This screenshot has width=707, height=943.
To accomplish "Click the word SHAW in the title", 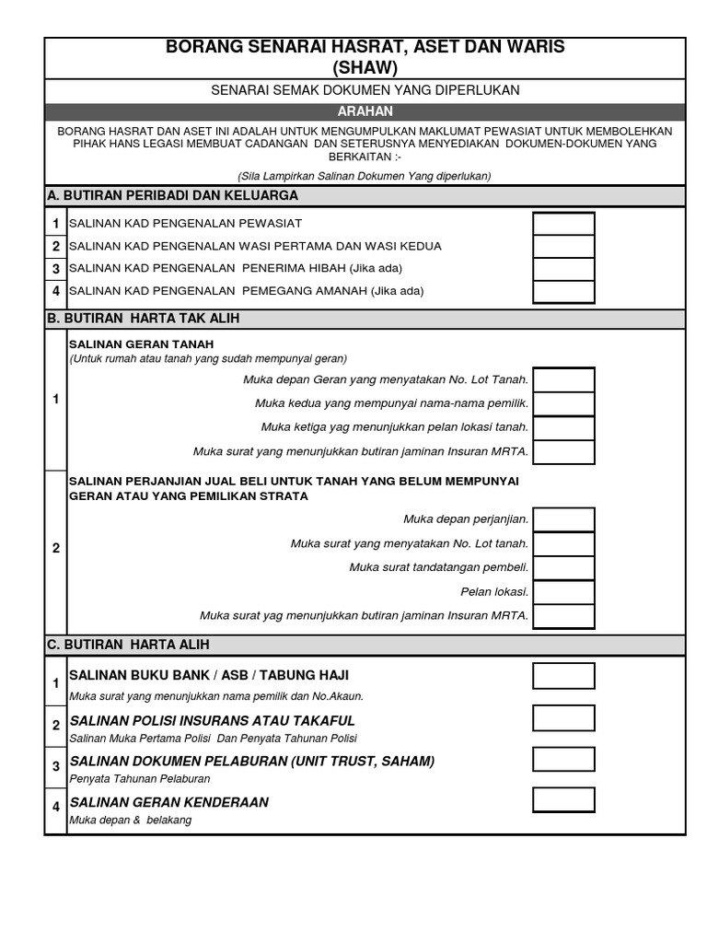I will pos(365,67).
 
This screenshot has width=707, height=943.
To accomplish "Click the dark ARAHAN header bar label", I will pos(365,111).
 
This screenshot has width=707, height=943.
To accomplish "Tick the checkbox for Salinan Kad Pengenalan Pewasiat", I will pos(563,224).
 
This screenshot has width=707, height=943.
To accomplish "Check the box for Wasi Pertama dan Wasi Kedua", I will pos(563,247).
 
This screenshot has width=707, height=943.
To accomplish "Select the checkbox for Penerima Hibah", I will pos(563,269).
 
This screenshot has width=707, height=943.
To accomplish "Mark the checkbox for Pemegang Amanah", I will pos(563,292).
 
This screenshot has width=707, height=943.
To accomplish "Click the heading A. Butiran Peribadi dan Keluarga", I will pos(172,195).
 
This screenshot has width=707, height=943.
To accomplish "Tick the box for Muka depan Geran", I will pos(563,379).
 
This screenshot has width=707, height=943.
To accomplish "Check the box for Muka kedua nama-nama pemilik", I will pos(563,403).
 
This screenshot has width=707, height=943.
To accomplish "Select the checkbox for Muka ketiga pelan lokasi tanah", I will pos(563,427).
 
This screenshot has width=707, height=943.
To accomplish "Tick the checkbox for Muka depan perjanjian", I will pos(563,519).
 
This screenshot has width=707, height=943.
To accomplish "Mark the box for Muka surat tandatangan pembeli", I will pos(563,567).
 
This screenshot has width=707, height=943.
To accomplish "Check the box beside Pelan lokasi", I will pos(563,591).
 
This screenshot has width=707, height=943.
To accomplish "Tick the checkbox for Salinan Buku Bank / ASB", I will pos(563,676).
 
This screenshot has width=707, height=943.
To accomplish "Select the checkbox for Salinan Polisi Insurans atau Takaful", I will pos(563,718).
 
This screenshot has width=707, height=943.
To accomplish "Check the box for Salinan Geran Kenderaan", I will pos(563,799).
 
